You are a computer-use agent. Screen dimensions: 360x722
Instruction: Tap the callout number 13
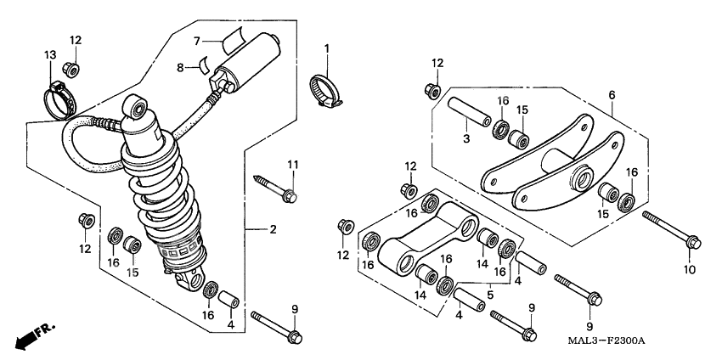(49, 55)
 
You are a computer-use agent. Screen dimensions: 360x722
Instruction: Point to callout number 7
(195, 40)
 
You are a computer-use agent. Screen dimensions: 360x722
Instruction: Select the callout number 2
(274, 230)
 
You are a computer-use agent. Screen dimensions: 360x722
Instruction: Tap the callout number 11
(291, 163)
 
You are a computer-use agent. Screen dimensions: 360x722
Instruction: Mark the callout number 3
(466, 138)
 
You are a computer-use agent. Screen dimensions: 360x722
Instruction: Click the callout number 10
(689, 270)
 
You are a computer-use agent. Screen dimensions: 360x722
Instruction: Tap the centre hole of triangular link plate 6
(582, 179)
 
